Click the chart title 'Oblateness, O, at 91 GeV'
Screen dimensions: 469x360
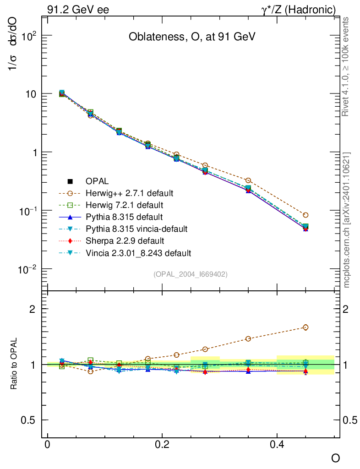click(x=191, y=37)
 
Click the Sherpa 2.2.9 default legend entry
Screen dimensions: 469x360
click(x=125, y=240)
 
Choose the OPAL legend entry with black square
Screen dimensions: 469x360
click(x=101, y=181)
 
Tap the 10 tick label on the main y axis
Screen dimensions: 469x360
click(x=30, y=94)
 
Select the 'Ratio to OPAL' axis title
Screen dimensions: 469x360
click(x=15, y=364)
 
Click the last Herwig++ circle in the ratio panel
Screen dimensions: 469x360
click(x=305, y=327)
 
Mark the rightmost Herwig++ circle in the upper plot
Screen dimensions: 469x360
click(x=305, y=215)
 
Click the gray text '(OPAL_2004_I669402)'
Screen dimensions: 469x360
click(x=191, y=274)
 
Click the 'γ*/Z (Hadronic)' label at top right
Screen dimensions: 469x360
click(x=299, y=9)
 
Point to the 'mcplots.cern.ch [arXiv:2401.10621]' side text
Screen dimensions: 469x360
click(x=347, y=220)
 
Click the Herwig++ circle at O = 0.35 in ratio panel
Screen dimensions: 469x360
click(x=248, y=339)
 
